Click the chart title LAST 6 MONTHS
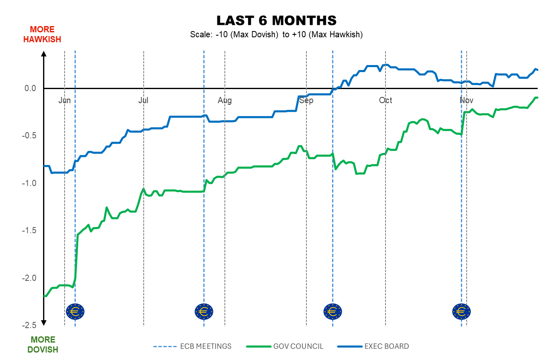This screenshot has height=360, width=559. tap(276, 20)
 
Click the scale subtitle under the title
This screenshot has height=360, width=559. tap(276, 35)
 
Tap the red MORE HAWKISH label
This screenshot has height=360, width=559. tap(42, 34)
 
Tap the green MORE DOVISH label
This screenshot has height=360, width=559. tap(43, 345)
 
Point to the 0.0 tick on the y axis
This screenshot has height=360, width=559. tap(31, 88)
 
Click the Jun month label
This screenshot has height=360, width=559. tap(65, 101)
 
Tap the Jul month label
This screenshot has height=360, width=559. tap(143, 101)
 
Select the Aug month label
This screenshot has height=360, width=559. tap(225, 101)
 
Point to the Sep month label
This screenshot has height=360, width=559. tap(306, 101)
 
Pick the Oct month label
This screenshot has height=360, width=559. tap(386, 101)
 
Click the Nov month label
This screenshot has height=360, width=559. tap(467, 101)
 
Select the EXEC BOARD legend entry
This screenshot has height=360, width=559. tap(386, 346)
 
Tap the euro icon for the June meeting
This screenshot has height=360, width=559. tap(75, 311)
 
